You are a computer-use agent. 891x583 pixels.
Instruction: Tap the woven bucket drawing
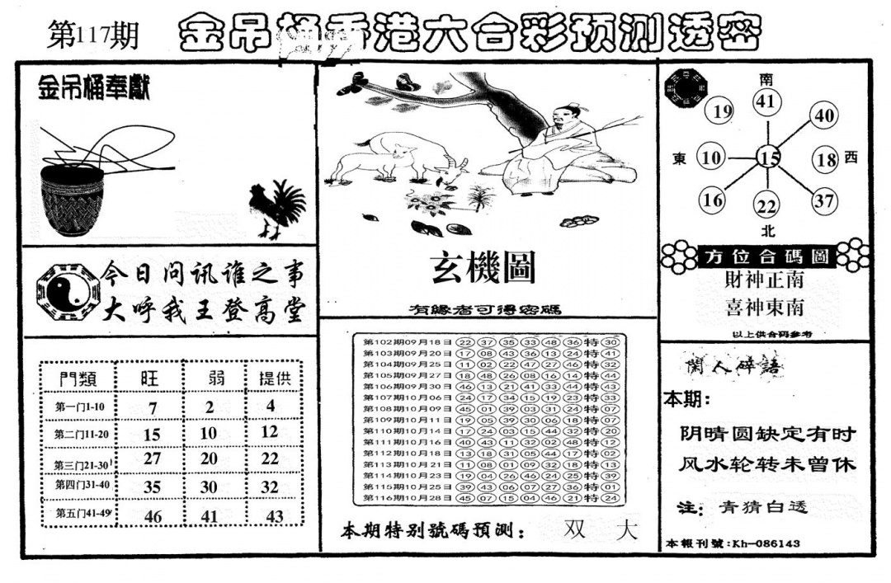(73, 198)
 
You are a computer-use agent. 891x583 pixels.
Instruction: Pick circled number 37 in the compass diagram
(824, 200)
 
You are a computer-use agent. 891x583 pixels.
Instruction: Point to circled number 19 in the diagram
(723, 112)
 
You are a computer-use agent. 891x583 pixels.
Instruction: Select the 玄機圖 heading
(483, 268)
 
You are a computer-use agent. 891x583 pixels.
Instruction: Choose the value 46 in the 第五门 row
(152, 517)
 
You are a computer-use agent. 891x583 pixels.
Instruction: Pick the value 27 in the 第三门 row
(152, 459)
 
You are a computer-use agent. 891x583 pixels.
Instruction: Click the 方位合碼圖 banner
(766, 256)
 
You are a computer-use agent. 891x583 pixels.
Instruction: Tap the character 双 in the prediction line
(575, 531)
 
